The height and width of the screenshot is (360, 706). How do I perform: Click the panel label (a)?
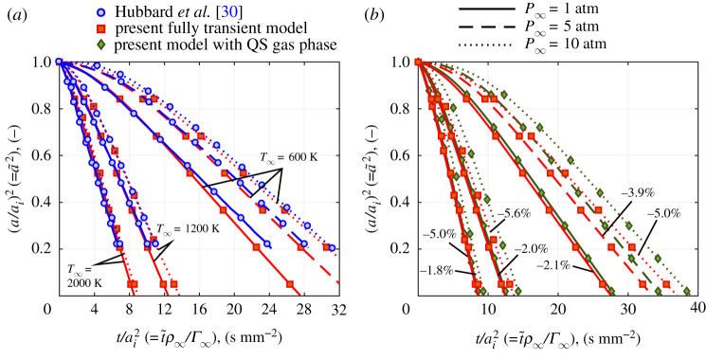click(16, 13)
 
